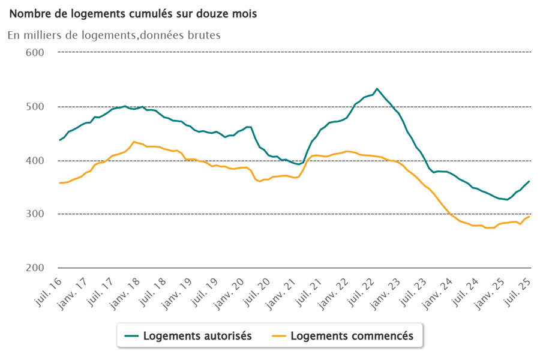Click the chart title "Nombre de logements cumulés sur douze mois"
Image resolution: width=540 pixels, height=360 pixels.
click(133, 14)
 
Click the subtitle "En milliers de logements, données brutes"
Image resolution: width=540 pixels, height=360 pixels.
click(114, 35)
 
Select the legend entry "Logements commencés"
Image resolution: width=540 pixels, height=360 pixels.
click(352, 336)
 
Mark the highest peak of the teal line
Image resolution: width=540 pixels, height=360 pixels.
click(377, 89)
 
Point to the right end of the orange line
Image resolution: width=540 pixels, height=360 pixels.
click(529, 216)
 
